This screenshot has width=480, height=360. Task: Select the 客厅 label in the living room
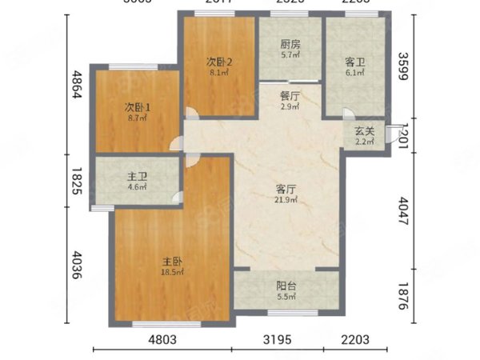coord(286,189)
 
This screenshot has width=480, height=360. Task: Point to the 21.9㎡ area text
coord(286,200)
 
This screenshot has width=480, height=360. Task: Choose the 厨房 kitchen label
coord(290,46)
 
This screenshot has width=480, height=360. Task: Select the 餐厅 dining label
coord(290,95)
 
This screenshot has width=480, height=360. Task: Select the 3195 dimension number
coord(278,340)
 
